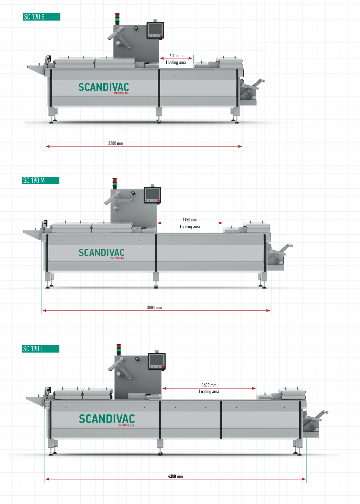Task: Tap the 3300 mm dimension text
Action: tap(116, 143)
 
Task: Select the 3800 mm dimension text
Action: tap(154, 307)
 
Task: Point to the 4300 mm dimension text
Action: tap(175, 476)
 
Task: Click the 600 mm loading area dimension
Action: tap(176, 55)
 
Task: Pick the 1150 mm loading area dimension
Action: tap(190, 220)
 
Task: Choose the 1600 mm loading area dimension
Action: tap(209, 385)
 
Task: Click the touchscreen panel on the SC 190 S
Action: tap(155, 30)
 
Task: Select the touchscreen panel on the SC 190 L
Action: tap(157, 361)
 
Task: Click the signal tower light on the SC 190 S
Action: tap(117, 18)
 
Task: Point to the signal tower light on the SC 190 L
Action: tap(118, 349)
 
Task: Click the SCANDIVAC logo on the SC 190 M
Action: tap(102, 253)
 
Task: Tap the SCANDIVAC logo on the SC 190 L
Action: tap(107, 419)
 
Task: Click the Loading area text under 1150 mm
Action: tap(190, 226)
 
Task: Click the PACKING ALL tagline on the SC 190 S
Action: tap(121, 93)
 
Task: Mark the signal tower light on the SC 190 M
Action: tap(114, 183)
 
